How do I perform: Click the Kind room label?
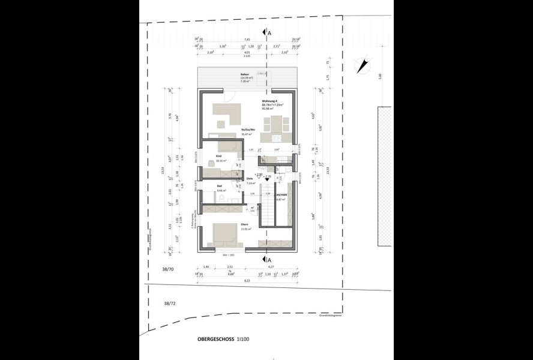point(219,156)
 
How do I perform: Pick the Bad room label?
point(219,187)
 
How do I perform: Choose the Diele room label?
point(250,179)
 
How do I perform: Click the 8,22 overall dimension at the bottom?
point(247,280)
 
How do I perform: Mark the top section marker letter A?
point(270,32)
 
